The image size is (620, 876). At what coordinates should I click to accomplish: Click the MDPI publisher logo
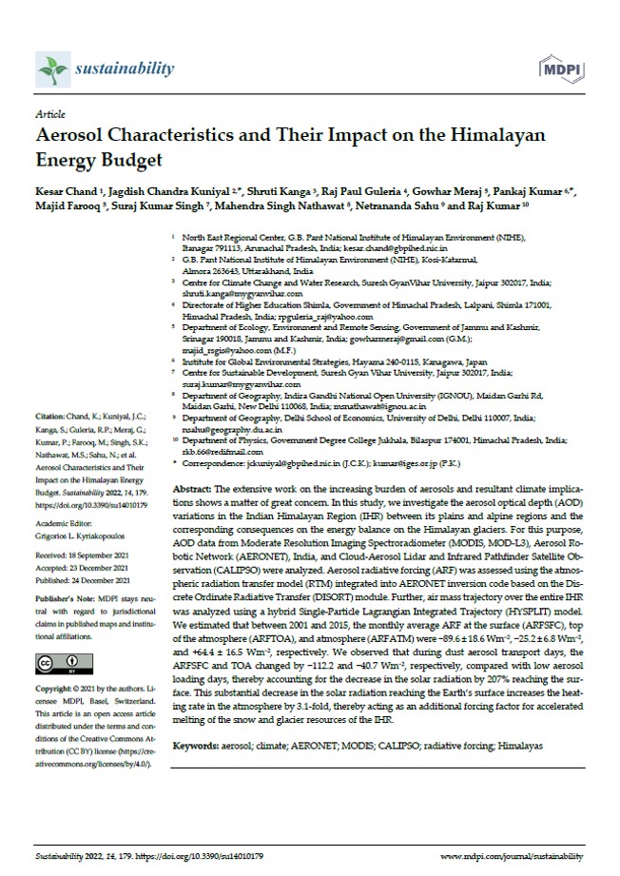[561, 68]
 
